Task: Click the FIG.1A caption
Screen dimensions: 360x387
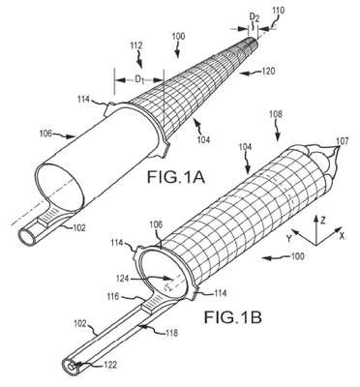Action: [176, 177]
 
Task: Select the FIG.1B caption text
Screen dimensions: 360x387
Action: [232, 317]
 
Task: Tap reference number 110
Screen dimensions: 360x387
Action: [278, 11]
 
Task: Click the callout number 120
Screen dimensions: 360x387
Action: [268, 71]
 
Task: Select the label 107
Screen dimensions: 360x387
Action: [342, 141]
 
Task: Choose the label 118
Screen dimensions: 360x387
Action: [171, 333]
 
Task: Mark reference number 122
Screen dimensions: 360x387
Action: [109, 365]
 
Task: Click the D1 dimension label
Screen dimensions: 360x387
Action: [139, 79]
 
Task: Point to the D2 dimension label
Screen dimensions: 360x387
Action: [255, 18]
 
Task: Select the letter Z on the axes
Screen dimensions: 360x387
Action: [323, 221]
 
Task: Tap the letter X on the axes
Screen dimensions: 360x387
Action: [342, 236]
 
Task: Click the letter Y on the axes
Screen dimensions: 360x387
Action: [289, 239]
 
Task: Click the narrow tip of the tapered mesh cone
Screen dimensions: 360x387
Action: [255, 40]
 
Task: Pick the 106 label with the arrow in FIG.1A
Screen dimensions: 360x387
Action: [45, 134]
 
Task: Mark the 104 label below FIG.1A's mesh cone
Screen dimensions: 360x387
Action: [203, 139]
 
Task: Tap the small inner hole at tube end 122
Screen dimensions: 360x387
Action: [72, 368]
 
